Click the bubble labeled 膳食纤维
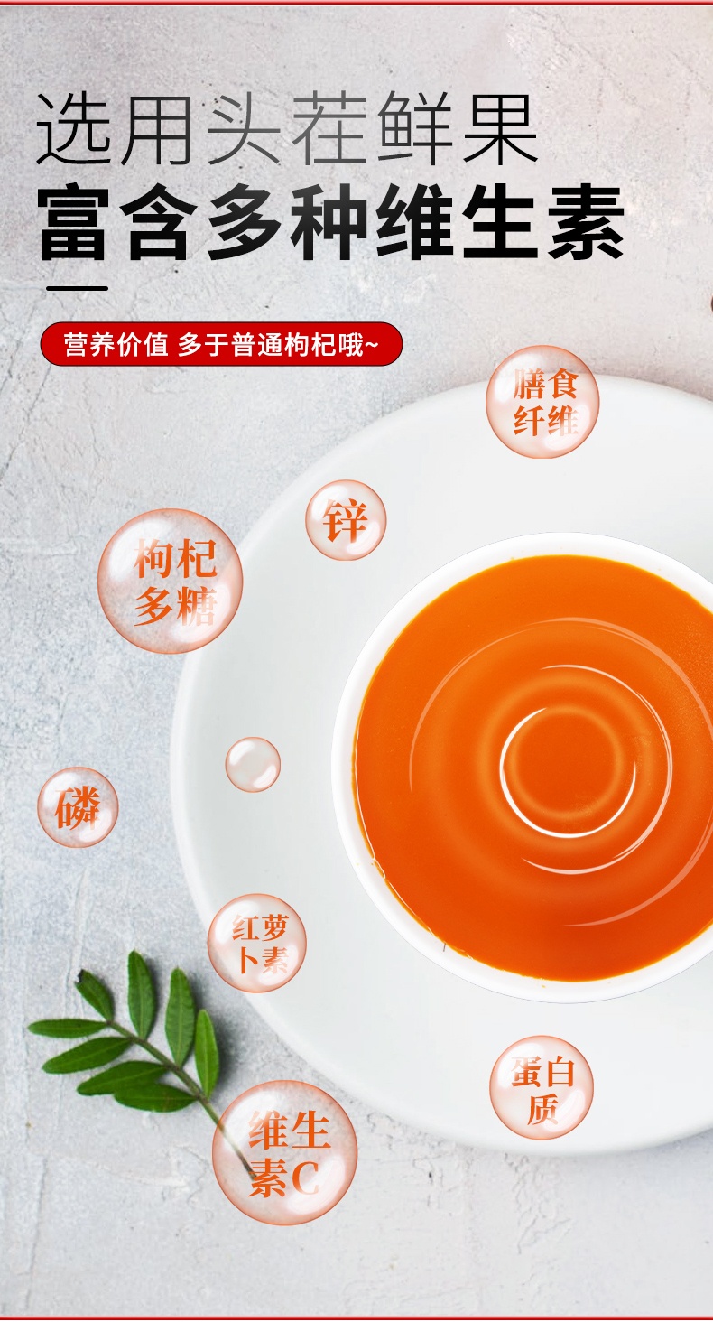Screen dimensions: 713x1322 (542, 402)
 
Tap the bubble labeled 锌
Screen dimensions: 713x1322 (346, 520)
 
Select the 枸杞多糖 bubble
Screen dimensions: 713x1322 (171, 582)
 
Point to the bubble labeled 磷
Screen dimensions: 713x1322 (78, 807)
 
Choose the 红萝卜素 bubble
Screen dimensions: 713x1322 (257, 943)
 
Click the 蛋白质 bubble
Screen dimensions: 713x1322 (542, 1088)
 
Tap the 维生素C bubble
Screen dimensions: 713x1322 (285, 1152)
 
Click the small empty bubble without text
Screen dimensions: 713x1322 (253, 764)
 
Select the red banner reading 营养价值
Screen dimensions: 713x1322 (221, 344)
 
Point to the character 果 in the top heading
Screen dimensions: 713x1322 (500, 129)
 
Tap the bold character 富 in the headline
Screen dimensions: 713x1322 (74, 222)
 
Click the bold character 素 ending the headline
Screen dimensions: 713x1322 (587, 222)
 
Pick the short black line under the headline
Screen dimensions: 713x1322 (78, 289)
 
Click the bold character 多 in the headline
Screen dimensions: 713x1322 (245, 222)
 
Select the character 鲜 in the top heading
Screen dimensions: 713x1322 (414, 129)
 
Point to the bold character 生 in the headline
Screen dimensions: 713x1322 (501, 222)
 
